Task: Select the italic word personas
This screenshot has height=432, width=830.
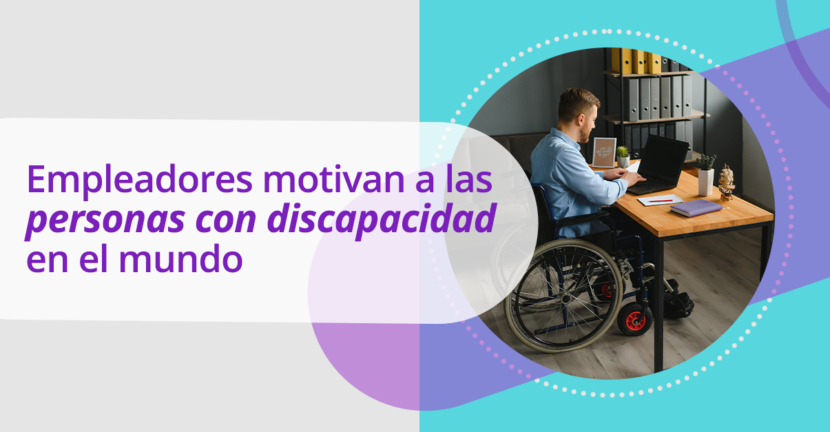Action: [105, 220]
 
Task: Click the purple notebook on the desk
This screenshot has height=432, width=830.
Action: [696, 207]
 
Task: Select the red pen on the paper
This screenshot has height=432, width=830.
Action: [661, 200]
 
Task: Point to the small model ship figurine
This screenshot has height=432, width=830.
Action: [726, 182]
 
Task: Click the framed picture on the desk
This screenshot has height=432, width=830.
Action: [604, 152]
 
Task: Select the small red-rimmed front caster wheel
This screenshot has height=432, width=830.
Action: [635, 320]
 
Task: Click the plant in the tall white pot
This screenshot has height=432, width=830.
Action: [706, 174]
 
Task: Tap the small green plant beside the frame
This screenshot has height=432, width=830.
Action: [623, 156]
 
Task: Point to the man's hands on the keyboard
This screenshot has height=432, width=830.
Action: [630, 176]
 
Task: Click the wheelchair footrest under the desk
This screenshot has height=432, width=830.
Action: [678, 302]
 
